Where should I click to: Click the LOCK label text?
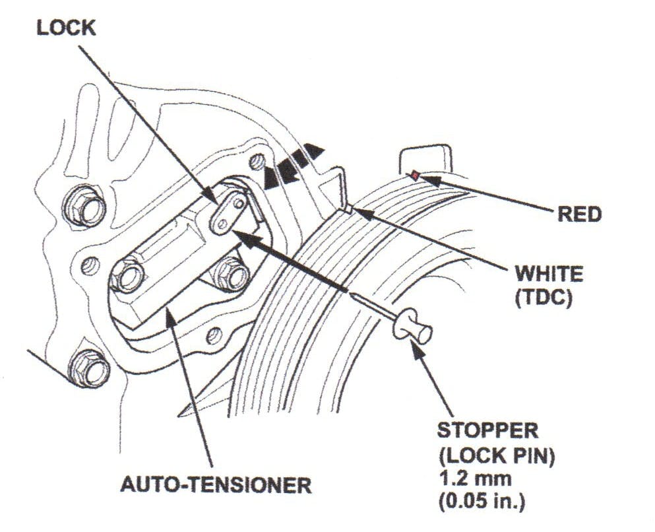[x=66, y=28]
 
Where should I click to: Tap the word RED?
[x=579, y=214]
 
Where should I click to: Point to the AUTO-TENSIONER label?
[x=216, y=485]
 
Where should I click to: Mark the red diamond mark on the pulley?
[x=414, y=175]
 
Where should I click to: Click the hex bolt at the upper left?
[x=84, y=207]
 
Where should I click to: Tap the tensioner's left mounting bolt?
[x=127, y=275]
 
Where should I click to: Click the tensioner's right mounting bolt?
[x=230, y=272]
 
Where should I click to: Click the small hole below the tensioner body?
[x=213, y=335]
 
